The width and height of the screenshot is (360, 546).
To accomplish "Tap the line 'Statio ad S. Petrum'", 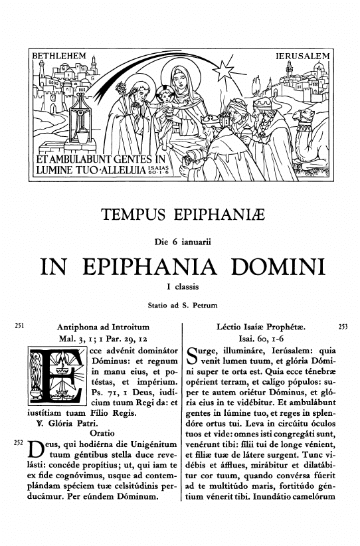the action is pos(179,306).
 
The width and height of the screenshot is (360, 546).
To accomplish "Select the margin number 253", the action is pos(343,327).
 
